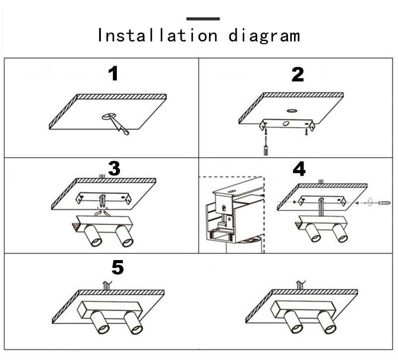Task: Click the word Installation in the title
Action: [157, 35]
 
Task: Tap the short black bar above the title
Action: [203, 19]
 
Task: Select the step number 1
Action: [114, 74]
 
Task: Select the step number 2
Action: [298, 75]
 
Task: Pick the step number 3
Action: [114, 169]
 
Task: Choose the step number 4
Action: [299, 169]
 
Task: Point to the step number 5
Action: [117, 268]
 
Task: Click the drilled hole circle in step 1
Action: [107, 117]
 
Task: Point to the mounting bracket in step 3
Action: [102, 198]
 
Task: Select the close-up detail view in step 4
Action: [231, 214]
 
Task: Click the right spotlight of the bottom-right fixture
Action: [326, 323]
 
